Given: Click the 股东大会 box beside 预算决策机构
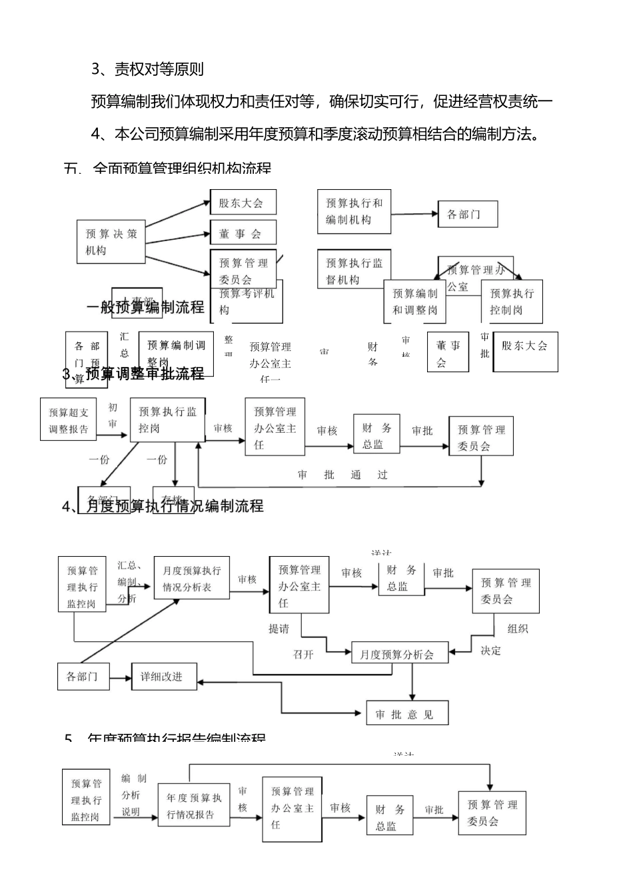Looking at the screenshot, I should point(243,202).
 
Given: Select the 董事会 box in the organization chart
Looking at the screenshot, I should point(243,234).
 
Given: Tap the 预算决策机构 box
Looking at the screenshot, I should point(111,242).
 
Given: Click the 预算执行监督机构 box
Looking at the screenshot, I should point(354,271).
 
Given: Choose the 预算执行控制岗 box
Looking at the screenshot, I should point(512,302).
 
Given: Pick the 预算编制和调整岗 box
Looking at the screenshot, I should point(414,302).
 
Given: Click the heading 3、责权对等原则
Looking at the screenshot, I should point(147,69).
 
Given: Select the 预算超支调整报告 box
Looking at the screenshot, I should point(69,421).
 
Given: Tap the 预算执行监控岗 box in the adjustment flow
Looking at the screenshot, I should point(167,420).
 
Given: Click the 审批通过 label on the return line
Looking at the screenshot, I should point(342,475).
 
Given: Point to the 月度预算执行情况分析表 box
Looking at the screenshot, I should point(191,579).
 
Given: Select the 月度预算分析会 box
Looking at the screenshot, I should point(396,655).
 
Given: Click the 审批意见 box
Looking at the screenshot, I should point(406,715).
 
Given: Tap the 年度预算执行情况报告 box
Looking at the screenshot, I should point(194,806).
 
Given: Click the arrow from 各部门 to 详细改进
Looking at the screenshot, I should point(121,678).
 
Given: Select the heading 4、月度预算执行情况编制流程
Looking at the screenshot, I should point(163,507).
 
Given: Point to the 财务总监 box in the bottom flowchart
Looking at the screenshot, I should point(390,818).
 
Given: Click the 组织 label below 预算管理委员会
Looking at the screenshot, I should point(518,628).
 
